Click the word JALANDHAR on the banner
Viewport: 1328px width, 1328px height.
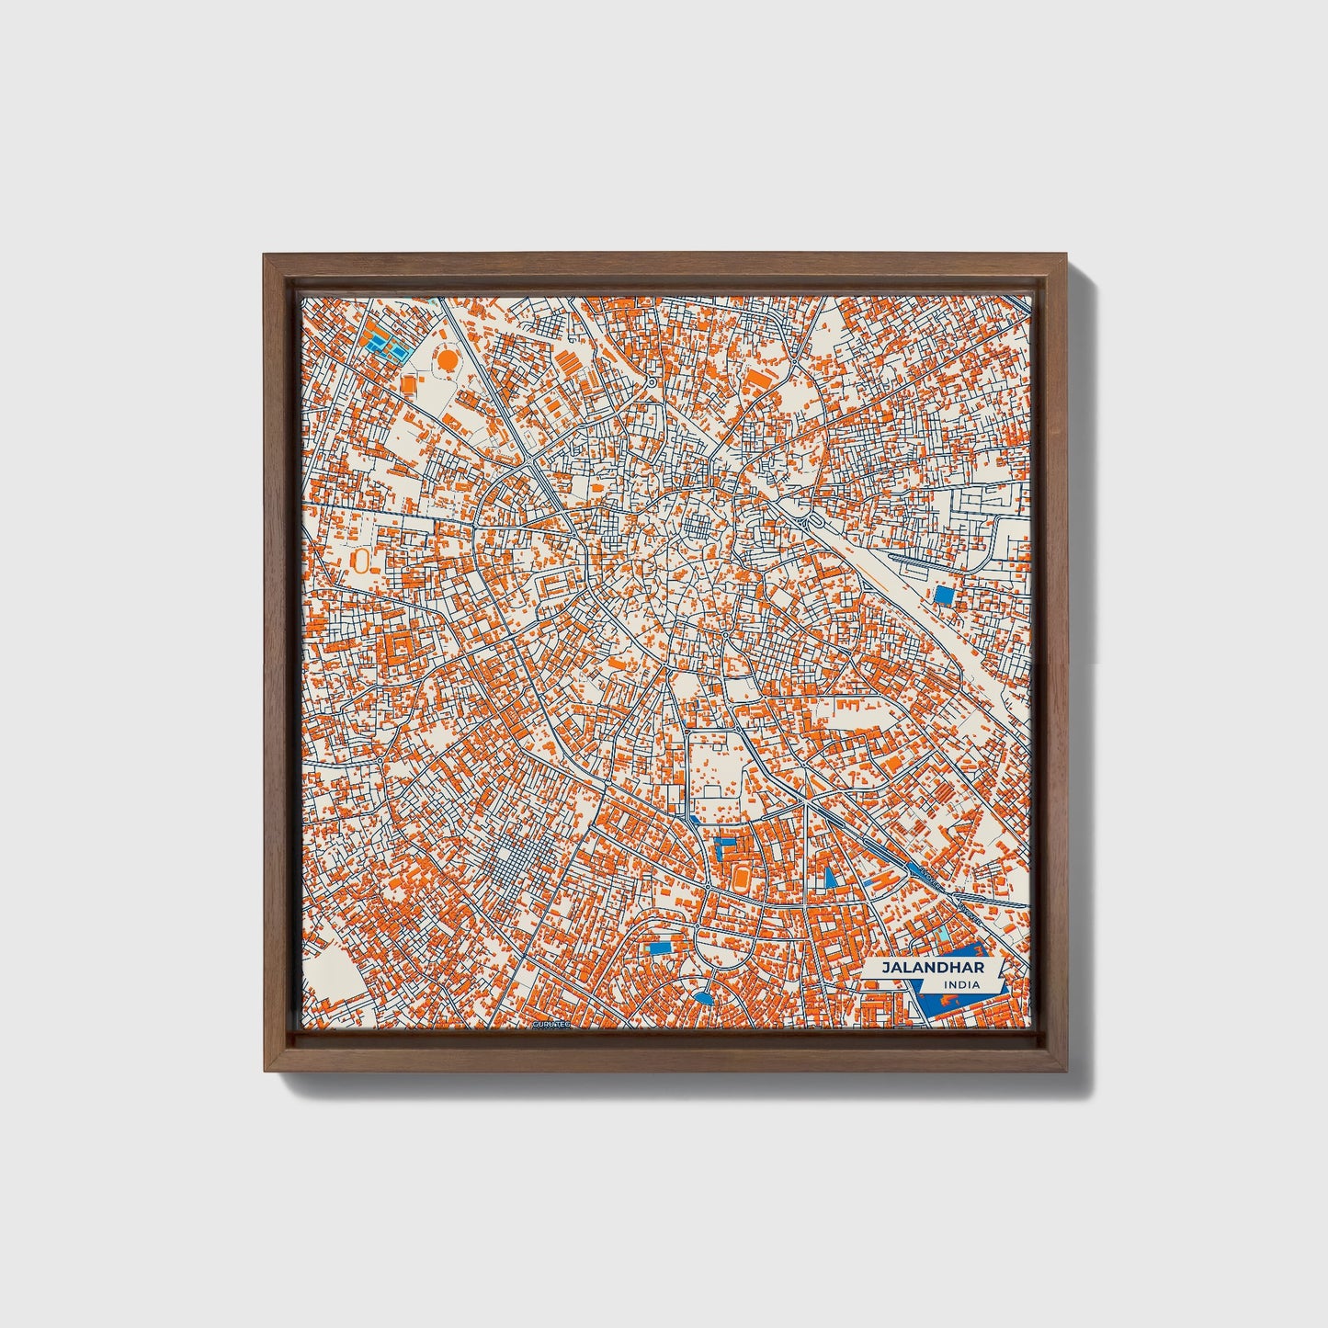(920, 968)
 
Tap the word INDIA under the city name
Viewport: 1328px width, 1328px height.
(960, 985)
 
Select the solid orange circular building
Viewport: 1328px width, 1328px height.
(447, 360)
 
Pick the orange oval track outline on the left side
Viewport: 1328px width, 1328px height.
(360, 560)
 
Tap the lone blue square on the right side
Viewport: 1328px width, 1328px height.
(943, 595)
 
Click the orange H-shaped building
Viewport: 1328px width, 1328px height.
(881, 881)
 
